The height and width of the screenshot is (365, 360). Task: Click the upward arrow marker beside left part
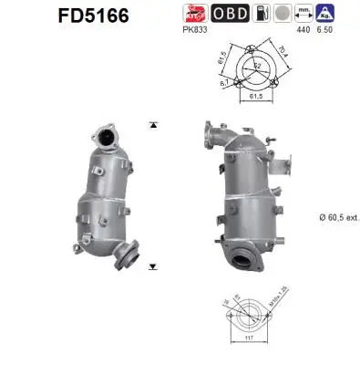pos(151,124)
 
